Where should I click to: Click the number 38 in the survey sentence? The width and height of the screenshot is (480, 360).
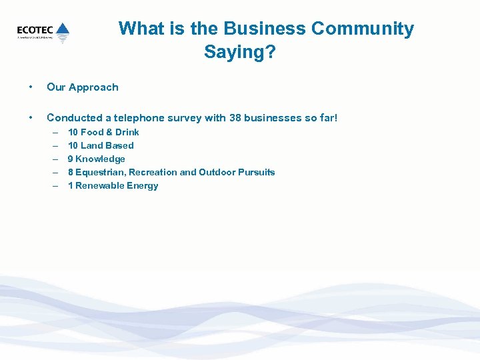click(235, 118)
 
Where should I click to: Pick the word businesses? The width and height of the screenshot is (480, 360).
click(273, 118)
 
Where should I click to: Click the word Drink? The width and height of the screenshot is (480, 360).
click(127, 132)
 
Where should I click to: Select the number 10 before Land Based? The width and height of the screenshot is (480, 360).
click(73, 145)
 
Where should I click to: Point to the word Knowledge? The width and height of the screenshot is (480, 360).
click(100, 159)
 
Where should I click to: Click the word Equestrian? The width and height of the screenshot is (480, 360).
click(100, 172)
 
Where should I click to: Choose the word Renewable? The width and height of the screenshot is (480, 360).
click(100, 185)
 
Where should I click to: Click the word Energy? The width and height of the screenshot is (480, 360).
click(143, 185)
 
